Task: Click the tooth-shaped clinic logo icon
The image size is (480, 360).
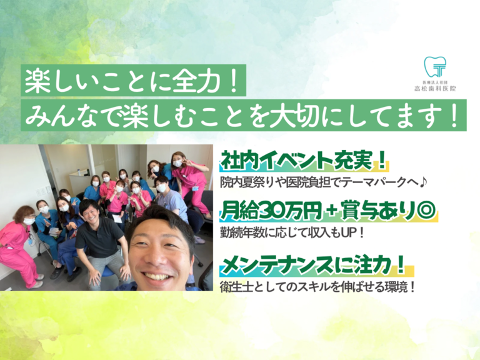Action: pyautogui.click(x=435, y=67)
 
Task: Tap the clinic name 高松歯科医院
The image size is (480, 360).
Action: pyautogui.click(x=435, y=89)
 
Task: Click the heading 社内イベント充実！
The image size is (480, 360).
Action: pyautogui.click(x=303, y=160)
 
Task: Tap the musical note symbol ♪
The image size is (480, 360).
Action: pyautogui.click(x=422, y=182)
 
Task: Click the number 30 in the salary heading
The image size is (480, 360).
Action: pyautogui.click(x=272, y=211)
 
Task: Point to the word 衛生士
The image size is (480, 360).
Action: pyautogui.click(x=237, y=287)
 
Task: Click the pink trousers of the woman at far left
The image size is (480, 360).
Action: pyautogui.click(x=18, y=263)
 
